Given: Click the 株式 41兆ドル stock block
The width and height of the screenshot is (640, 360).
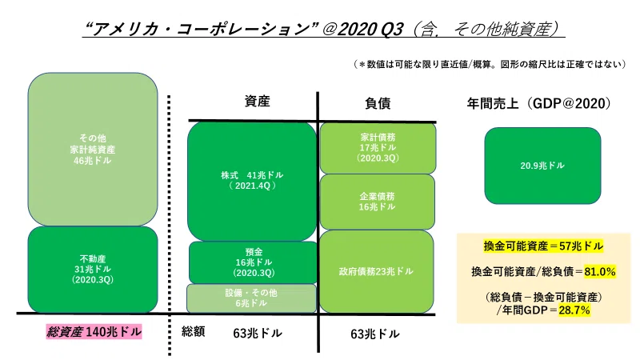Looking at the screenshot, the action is coord(252,182).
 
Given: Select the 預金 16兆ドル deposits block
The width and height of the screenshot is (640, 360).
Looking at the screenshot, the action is coord(253,262).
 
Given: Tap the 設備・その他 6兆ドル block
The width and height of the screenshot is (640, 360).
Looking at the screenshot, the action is coord(251,298).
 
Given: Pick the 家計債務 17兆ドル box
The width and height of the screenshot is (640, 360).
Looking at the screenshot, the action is coord(378,148).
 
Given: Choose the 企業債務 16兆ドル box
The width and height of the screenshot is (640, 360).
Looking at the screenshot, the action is coord(377,202).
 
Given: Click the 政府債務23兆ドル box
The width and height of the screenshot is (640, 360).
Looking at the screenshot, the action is coord(376,271).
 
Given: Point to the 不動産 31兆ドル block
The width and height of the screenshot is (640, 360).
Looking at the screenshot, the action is coord(93,270).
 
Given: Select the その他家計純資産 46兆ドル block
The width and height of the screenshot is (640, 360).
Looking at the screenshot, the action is coord(93,150).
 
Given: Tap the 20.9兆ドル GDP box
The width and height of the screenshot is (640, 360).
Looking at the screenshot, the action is coord(542,166).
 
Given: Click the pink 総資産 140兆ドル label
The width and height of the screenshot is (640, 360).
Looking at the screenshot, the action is coord(94,331).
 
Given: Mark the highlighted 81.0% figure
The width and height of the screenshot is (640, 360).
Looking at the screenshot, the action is coord(599,271).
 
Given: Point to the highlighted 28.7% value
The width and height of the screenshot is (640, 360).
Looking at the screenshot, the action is coord(574,310).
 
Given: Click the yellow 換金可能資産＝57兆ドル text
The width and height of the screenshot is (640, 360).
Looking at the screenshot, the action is coord(543,246).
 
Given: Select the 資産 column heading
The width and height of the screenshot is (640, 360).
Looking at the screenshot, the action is coord(257,101).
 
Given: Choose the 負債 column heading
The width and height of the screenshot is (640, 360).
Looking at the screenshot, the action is coord(378,103).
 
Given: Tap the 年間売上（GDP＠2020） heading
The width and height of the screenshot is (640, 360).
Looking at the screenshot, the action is coord(538,103).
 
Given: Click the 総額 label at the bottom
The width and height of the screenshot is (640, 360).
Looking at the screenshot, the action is coord(193,331).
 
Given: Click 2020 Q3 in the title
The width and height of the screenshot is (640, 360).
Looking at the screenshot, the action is coord(370,29).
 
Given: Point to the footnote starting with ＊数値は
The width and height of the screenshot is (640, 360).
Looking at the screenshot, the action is coord(490,64).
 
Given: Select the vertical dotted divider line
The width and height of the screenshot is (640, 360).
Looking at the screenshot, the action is coord(169,226).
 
